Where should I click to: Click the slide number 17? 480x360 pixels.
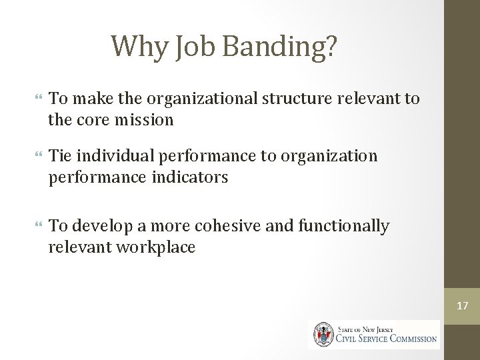tap(462, 306)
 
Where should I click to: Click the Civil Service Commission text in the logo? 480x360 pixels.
tap(387, 338)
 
